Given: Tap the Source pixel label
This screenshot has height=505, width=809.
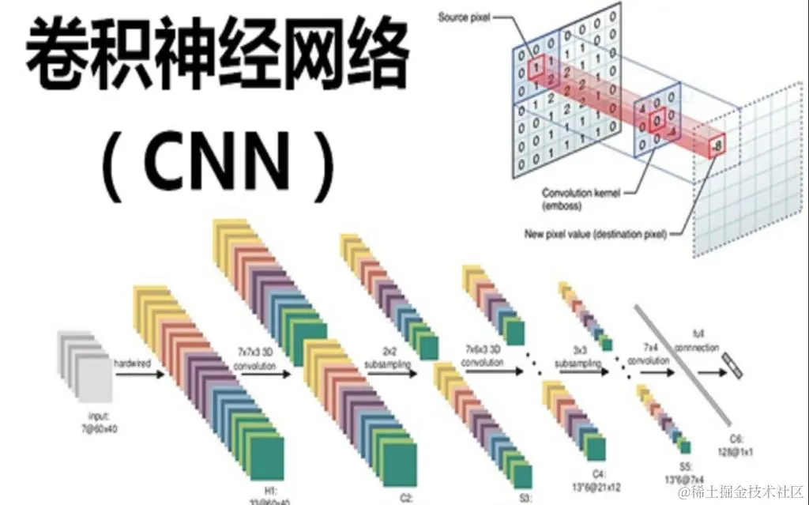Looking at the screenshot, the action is (x=464, y=17).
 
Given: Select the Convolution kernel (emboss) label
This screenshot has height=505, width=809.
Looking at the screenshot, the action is (x=580, y=198).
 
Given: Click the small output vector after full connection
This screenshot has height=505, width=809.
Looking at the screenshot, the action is (x=732, y=362).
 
